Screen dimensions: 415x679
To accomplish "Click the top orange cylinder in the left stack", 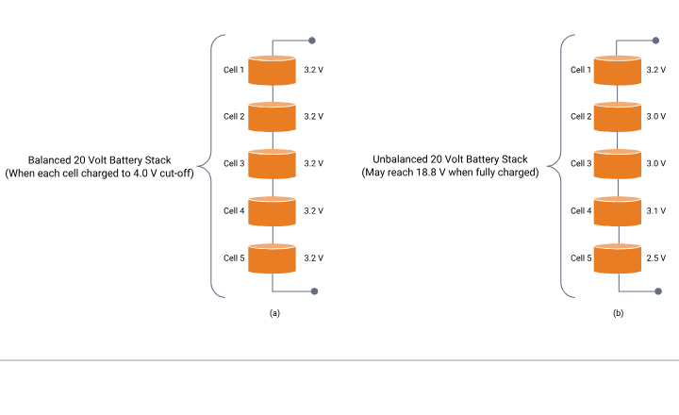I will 272,71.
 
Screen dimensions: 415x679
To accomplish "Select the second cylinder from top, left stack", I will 272,117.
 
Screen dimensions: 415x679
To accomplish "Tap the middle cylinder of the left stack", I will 272,164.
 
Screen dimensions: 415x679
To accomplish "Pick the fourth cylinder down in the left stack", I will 272,211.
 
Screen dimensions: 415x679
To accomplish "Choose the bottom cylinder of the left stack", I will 272,258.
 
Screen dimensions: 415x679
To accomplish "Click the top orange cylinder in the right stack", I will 618,71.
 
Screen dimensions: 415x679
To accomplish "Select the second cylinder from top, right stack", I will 618,117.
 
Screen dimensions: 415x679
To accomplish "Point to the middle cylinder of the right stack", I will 618,164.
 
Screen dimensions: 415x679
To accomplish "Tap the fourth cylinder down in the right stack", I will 618,211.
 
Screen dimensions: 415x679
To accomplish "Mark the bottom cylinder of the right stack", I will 618,258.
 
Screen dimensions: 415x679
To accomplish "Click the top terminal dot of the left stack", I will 312,41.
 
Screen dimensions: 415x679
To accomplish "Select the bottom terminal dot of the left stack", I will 314,291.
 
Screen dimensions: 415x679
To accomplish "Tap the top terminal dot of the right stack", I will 656,41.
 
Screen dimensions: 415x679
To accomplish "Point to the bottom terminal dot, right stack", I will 658,291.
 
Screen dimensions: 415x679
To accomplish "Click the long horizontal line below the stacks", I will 339,359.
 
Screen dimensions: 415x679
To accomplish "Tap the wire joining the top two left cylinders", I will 272,94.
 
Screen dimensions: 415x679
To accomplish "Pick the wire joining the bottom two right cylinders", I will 618,235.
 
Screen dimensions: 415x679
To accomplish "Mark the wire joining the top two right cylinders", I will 618,94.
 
